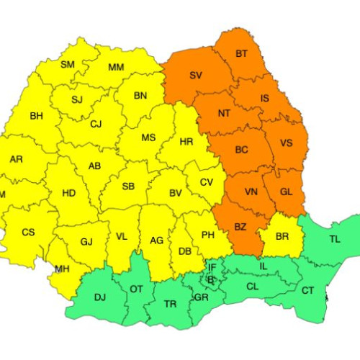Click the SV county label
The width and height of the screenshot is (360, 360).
click(196, 76)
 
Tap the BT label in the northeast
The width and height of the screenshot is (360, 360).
click(242, 54)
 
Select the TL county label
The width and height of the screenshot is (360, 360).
click(336, 238)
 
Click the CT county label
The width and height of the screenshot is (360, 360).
click(308, 290)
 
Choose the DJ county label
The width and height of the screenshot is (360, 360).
click(100, 296)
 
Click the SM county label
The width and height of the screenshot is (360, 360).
click(68, 65)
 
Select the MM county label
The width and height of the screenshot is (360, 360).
click(116, 68)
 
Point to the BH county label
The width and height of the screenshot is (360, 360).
click(36, 115)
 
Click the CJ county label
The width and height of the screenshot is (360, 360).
click(96, 124)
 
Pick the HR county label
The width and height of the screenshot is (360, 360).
click(186, 143)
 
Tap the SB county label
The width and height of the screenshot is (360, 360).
click(128, 186)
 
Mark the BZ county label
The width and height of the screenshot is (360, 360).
click(240, 227)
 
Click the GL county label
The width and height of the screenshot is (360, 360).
click(287, 192)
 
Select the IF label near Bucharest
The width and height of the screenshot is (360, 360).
click(212, 266)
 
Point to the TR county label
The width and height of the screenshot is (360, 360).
click(170, 304)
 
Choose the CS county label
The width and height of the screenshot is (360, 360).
click(28, 232)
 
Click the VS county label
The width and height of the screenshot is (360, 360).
click(286, 143)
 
